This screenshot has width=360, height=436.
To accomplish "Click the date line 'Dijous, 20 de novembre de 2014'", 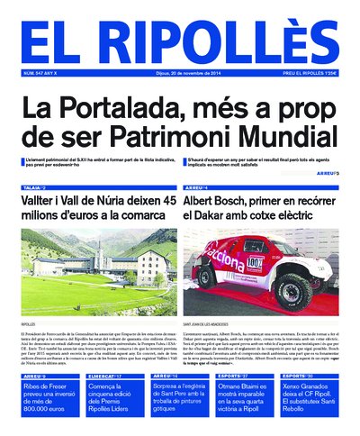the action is click(x=180, y=73).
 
